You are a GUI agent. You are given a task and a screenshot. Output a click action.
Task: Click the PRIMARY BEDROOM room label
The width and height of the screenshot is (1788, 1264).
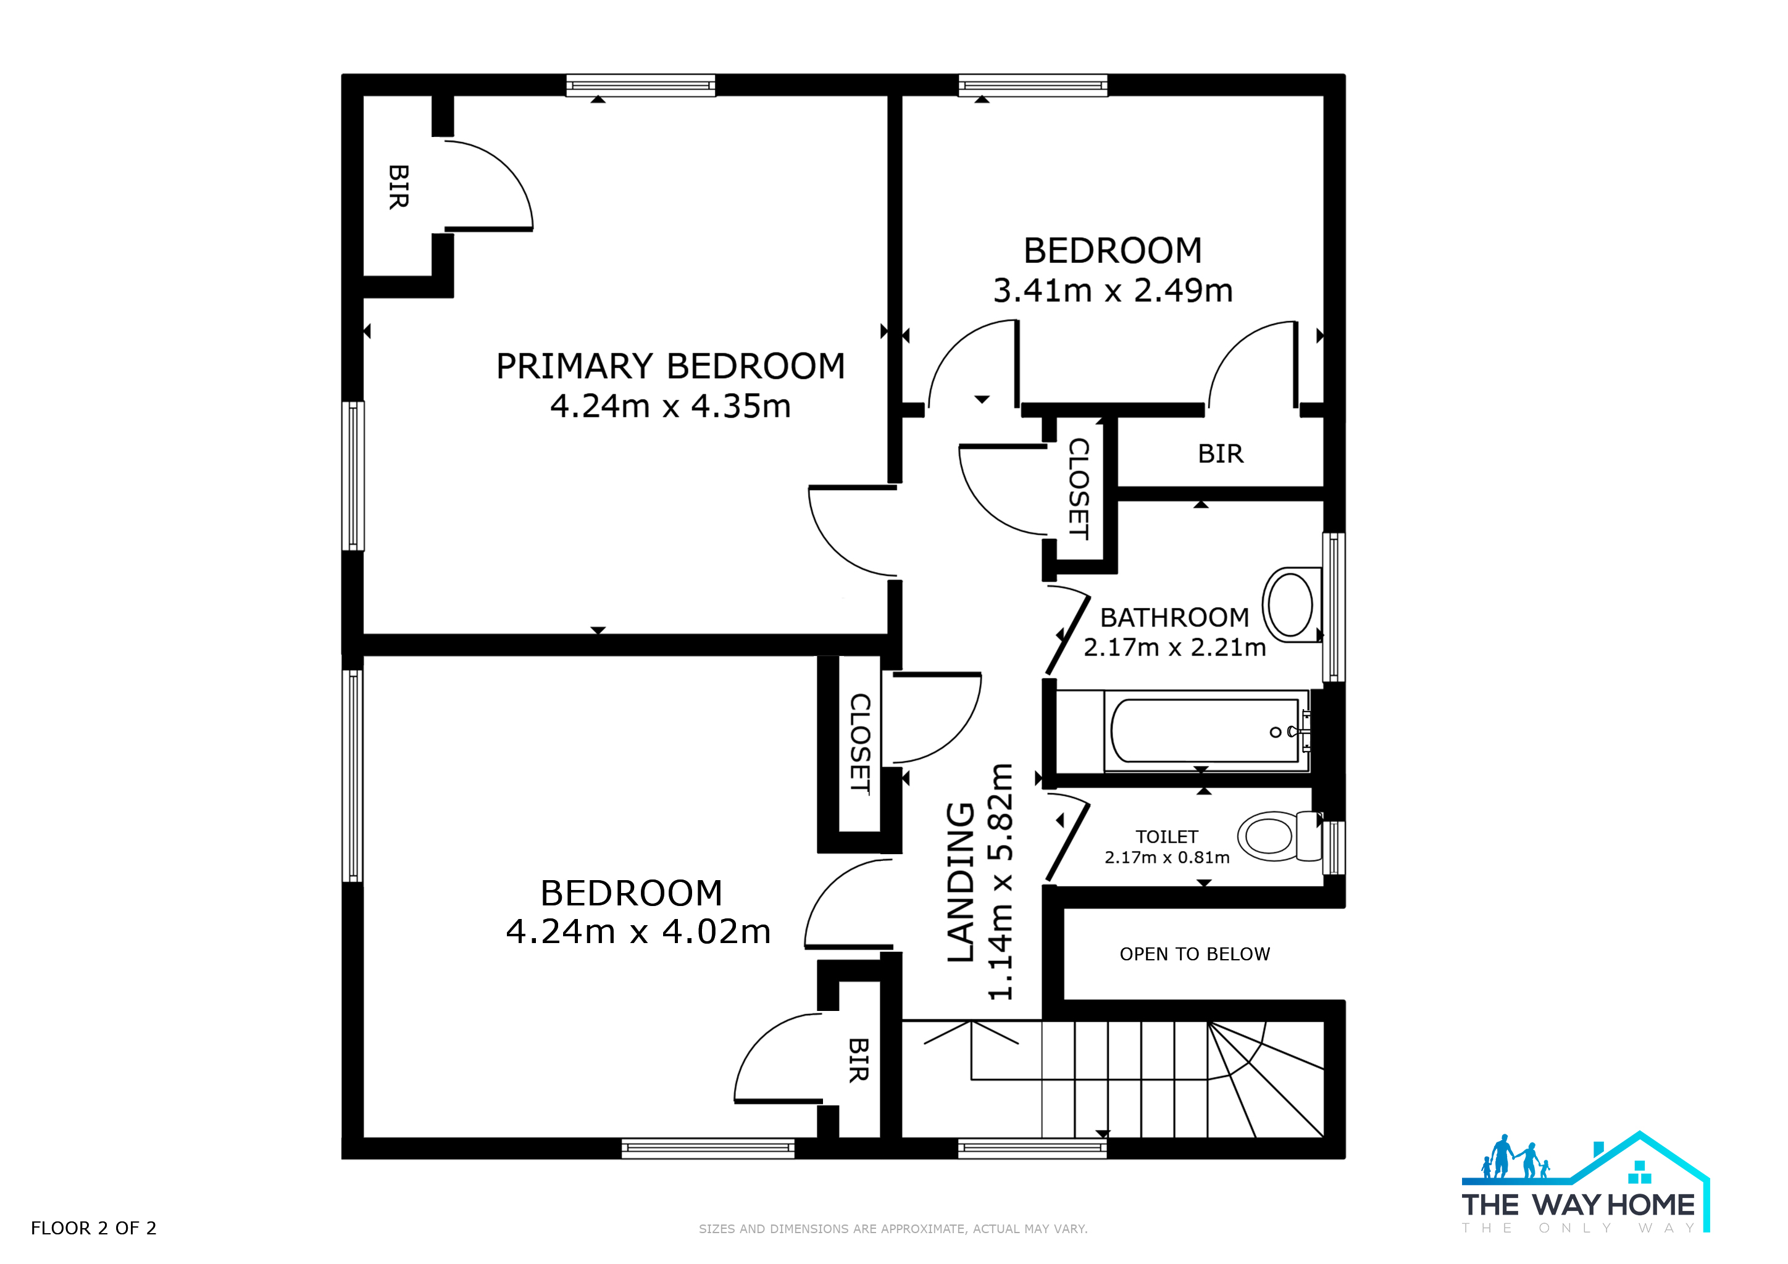click(670, 366)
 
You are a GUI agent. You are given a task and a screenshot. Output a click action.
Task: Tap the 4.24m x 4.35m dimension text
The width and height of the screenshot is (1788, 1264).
click(670, 406)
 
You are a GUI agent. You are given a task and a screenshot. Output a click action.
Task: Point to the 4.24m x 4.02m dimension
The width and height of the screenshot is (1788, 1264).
click(638, 932)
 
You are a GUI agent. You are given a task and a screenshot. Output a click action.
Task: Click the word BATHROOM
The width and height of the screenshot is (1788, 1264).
click(1174, 617)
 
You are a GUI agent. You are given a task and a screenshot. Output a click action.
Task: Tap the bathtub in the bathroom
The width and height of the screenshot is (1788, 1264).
click(1206, 731)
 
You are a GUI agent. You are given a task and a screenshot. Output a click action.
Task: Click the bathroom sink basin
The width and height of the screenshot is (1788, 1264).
click(1291, 604)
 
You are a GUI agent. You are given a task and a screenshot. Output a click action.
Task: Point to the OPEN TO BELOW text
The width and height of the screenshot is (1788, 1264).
click(1195, 954)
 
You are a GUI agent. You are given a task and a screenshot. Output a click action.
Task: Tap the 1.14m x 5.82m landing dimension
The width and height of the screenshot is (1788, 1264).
click(1001, 881)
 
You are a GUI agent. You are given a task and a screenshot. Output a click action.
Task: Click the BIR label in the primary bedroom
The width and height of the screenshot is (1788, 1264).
click(399, 187)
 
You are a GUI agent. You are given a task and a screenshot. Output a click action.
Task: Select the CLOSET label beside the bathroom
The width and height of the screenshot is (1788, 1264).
click(1079, 489)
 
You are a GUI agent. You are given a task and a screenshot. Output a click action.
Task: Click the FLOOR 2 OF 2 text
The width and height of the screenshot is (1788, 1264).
click(93, 1228)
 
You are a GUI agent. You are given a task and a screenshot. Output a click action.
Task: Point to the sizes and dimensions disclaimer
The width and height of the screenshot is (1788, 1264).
click(893, 1229)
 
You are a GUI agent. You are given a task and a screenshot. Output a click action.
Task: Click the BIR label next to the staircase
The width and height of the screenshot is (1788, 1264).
click(858, 1060)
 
